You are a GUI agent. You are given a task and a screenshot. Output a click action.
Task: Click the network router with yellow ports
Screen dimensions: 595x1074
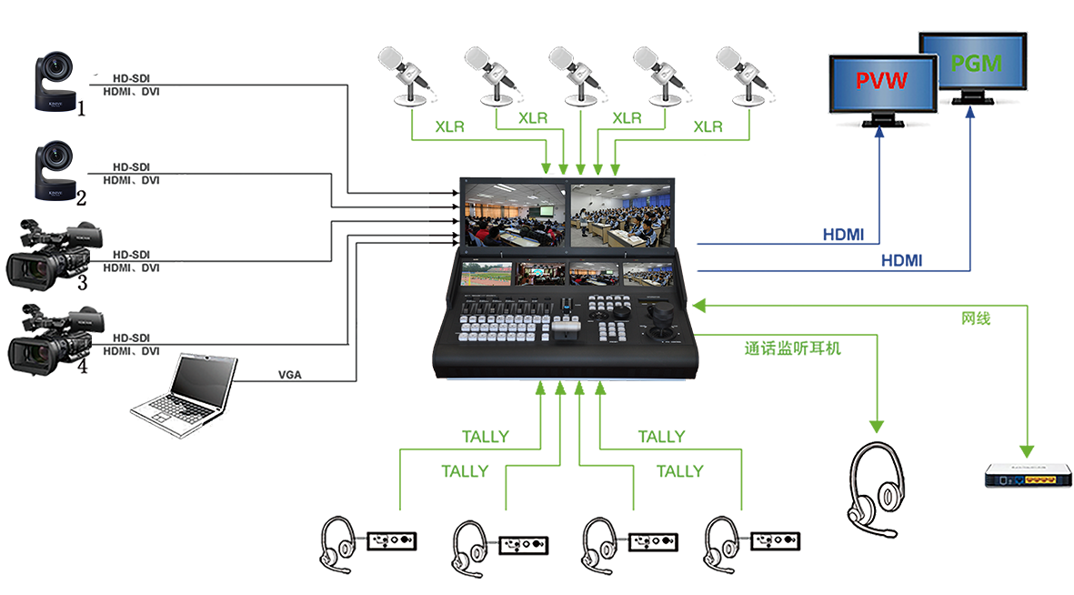(x=1028, y=474)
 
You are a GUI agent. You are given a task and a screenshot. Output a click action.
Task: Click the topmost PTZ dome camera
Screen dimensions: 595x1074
(x=59, y=80)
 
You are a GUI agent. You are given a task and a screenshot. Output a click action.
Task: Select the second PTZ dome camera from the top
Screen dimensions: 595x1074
(x=59, y=167)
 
